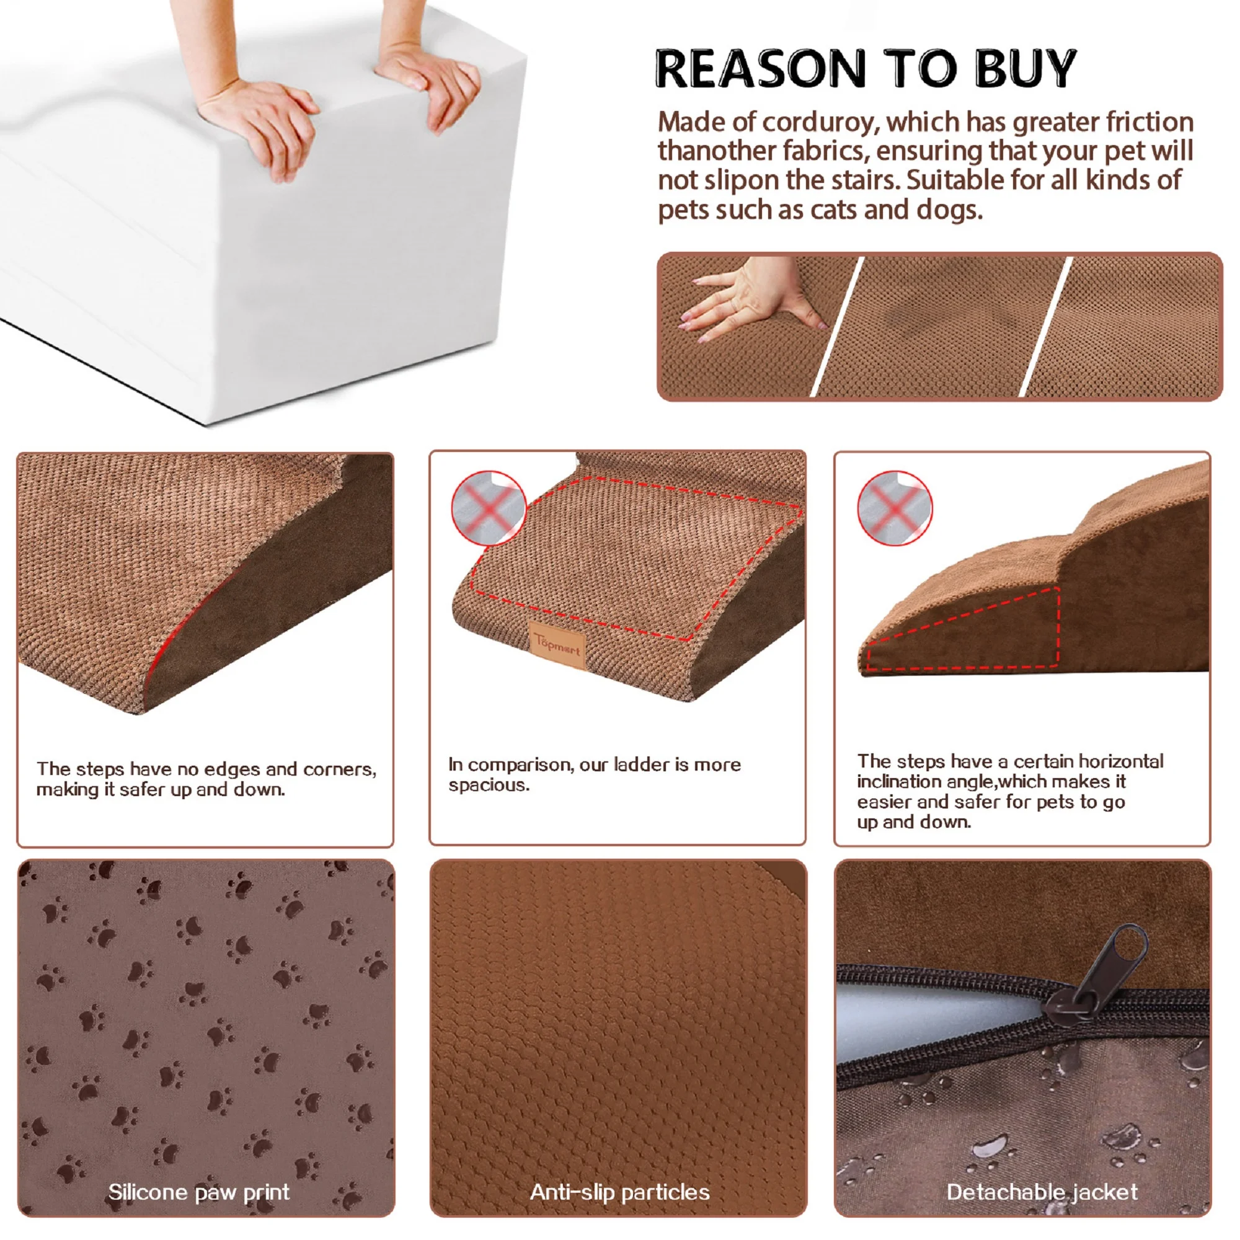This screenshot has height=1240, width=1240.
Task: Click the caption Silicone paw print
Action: (199, 1192)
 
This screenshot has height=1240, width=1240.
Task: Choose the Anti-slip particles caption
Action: (620, 1192)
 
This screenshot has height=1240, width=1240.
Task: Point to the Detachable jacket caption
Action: (1042, 1192)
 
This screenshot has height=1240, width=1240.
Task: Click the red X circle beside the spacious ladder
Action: (489, 508)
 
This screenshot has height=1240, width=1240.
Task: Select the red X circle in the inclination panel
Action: (895, 508)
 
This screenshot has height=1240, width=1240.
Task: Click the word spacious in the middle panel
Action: (489, 786)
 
